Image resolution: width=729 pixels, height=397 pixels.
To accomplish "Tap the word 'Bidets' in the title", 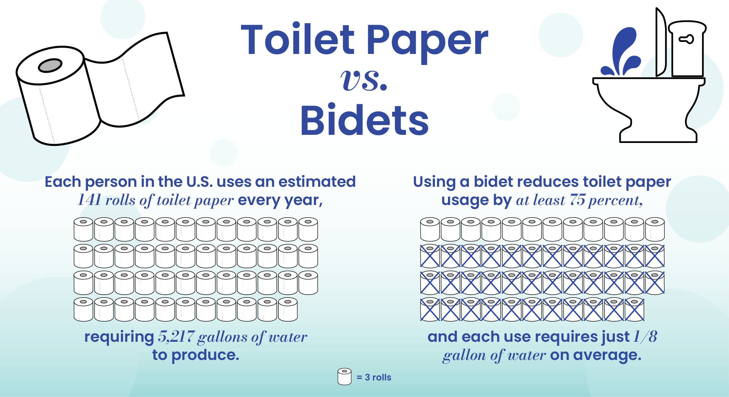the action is pos(364,121).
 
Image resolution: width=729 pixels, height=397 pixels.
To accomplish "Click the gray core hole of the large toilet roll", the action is pos(50,66).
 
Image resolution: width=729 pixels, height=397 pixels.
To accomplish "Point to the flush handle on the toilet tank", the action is pos(686,39).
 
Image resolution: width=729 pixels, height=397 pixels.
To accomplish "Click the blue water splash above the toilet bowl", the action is pos(621,52).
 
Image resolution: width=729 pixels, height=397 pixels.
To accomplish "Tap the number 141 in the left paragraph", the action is pos(89,200).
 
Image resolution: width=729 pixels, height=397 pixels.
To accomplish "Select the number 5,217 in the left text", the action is pos(176,337).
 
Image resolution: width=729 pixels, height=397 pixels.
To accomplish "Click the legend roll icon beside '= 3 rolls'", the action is pos(344,377).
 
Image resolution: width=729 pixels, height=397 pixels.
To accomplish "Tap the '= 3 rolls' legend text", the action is pos(374,377).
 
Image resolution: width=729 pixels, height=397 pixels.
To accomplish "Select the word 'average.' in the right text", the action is pos(607,355).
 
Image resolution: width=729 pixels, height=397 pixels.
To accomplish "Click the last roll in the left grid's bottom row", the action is pos(288,309).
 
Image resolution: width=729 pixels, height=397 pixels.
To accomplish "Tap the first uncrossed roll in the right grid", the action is pos(430,229).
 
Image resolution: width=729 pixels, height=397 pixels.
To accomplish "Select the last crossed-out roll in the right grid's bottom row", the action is pos(634,309).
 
